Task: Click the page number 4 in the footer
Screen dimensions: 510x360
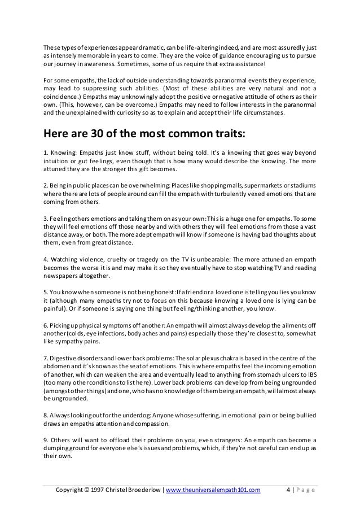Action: click(288, 490)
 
